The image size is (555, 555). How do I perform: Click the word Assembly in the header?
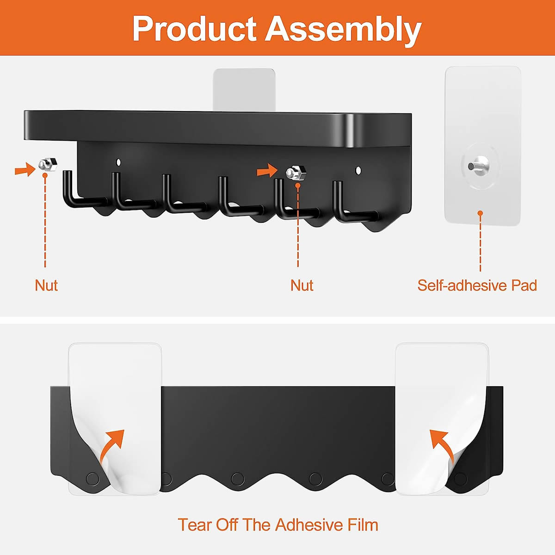click(343, 31)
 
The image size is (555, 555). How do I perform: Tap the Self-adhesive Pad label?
click(477, 285)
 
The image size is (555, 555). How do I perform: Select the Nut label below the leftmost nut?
click(46, 285)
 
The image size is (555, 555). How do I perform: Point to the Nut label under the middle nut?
click(302, 285)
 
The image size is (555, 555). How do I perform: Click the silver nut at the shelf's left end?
click(48, 165)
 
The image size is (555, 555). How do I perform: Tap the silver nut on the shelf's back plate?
click(296, 173)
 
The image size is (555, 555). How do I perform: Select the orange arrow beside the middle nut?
click(267, 171)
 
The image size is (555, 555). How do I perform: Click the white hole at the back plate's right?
click(358, 171)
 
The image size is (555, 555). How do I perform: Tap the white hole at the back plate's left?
click(118, 162)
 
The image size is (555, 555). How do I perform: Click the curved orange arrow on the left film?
click(112, 445)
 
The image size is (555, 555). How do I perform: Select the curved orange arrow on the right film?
click(442, 445)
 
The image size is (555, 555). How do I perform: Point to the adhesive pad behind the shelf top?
click(244, 89)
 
